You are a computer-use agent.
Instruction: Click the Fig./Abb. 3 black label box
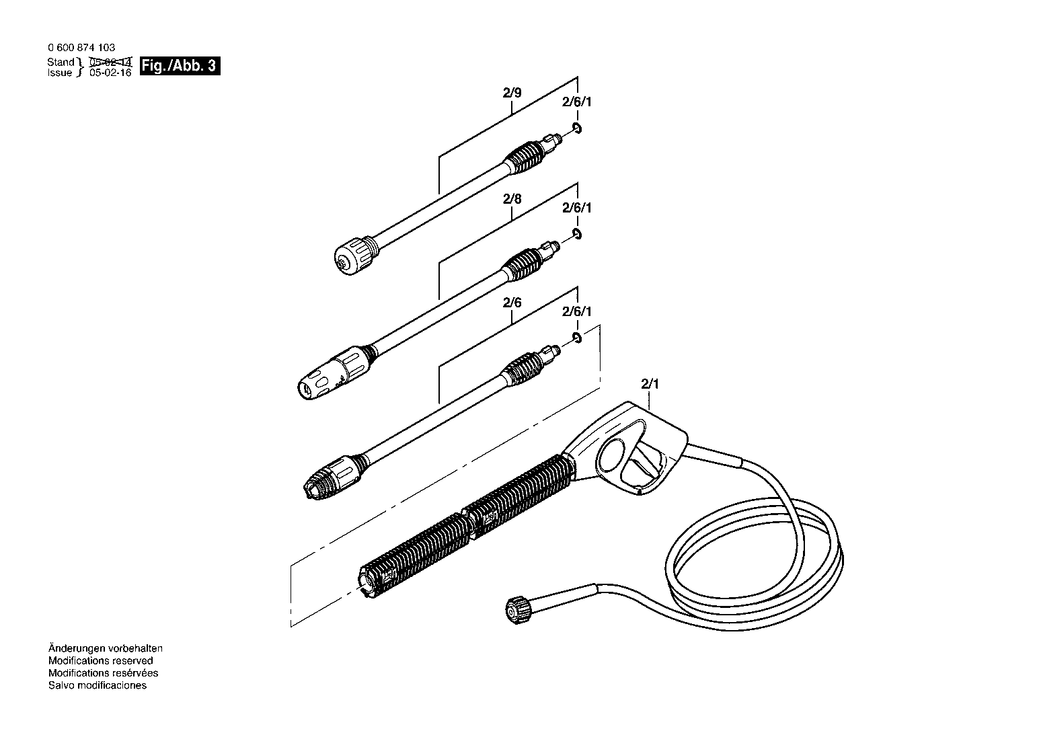tap(180, 66)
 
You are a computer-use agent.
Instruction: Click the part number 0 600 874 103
tap(81, 47)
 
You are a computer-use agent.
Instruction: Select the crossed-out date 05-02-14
tap(111, 62)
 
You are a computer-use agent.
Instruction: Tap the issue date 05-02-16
tap(111, 73)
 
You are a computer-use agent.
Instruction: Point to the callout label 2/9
tap(512, 93)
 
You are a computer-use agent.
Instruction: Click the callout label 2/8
tap(512, 199)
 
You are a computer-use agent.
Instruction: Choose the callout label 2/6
tap(512, 303)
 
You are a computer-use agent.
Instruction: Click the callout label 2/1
tap(650, 384)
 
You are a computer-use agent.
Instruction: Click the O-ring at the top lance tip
tap(577, 128)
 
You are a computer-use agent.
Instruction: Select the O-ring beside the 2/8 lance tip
tap(577, 234)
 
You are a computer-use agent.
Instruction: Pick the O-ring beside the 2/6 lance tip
tap(577, 338)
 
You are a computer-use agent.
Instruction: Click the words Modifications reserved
tap(100, 661)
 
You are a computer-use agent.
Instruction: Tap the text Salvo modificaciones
tap(98, 685)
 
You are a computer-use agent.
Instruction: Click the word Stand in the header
tap(61, 62)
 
